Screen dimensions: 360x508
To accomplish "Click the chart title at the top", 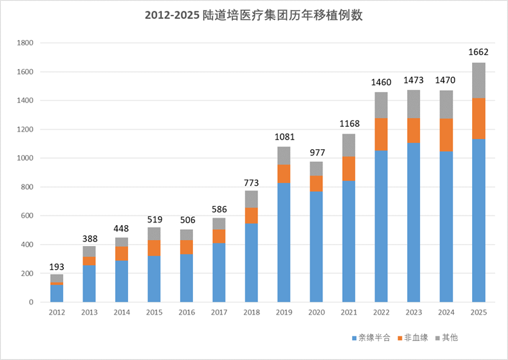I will click(x=254, y=16).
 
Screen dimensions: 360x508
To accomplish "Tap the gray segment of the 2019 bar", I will click(x=284, y=155).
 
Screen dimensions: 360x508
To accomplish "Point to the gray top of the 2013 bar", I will click(x=89, y=252).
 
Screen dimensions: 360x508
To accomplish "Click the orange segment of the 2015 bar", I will click(x=154, y=247).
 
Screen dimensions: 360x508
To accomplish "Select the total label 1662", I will click(x=479, y=52).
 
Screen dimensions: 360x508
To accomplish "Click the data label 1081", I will click(x=284, y=136).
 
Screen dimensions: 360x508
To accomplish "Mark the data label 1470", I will click(x=446, y=80).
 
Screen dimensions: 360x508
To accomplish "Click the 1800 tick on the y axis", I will click(x=25, y=43).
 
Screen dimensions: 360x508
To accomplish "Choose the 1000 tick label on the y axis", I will click(x=25, y=158).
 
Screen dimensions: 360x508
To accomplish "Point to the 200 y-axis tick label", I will click(x=27, y=273).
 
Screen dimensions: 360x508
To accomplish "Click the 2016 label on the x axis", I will click(x=186, y=311).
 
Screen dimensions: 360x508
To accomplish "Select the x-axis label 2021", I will click(x=349, y=311).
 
